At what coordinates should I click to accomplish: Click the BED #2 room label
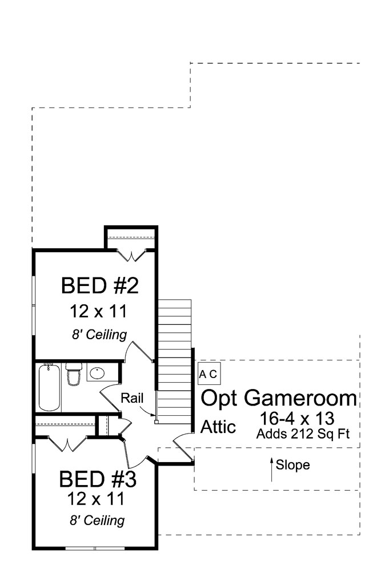coord(100,285)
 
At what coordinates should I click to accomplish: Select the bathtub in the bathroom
coord(50,387)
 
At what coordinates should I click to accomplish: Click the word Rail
coord(131,398)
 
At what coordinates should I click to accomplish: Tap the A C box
coord(207,374)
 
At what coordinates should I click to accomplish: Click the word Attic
coord(218,427)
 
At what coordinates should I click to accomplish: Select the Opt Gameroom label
coord(280,398)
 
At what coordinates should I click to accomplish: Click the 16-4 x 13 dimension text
coord(297,418)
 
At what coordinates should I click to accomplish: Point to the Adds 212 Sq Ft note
coord(302,434)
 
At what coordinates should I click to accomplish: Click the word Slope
coord(292,465)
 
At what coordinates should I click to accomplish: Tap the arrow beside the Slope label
coord(271,468)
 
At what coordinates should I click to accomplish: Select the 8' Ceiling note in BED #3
coord(97,521)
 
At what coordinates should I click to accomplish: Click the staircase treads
coord(174,355)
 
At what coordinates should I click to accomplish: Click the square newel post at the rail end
coord(155,422)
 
